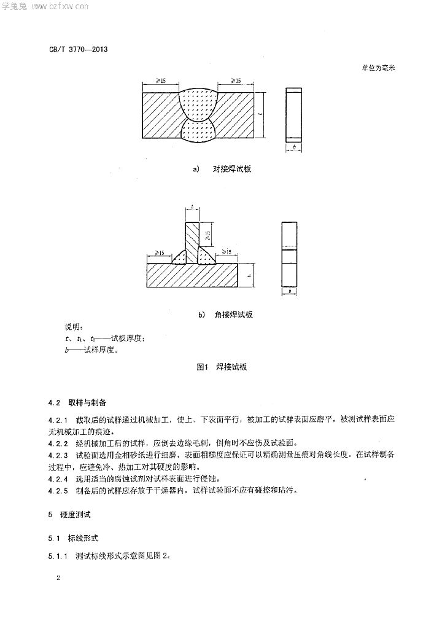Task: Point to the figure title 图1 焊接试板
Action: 222,367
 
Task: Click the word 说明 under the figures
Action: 73,327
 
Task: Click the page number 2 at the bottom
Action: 58,577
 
